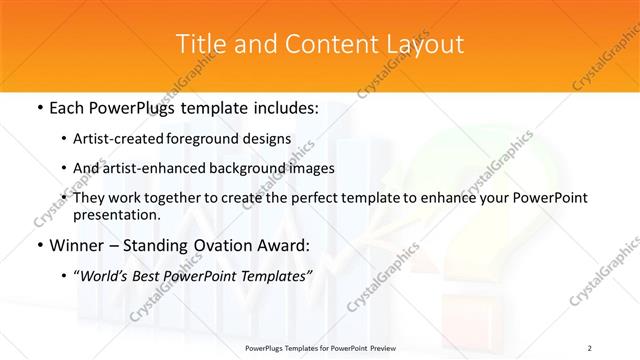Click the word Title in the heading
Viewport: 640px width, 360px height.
coord(199,44)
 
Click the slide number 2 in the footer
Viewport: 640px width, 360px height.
coord(590,348)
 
